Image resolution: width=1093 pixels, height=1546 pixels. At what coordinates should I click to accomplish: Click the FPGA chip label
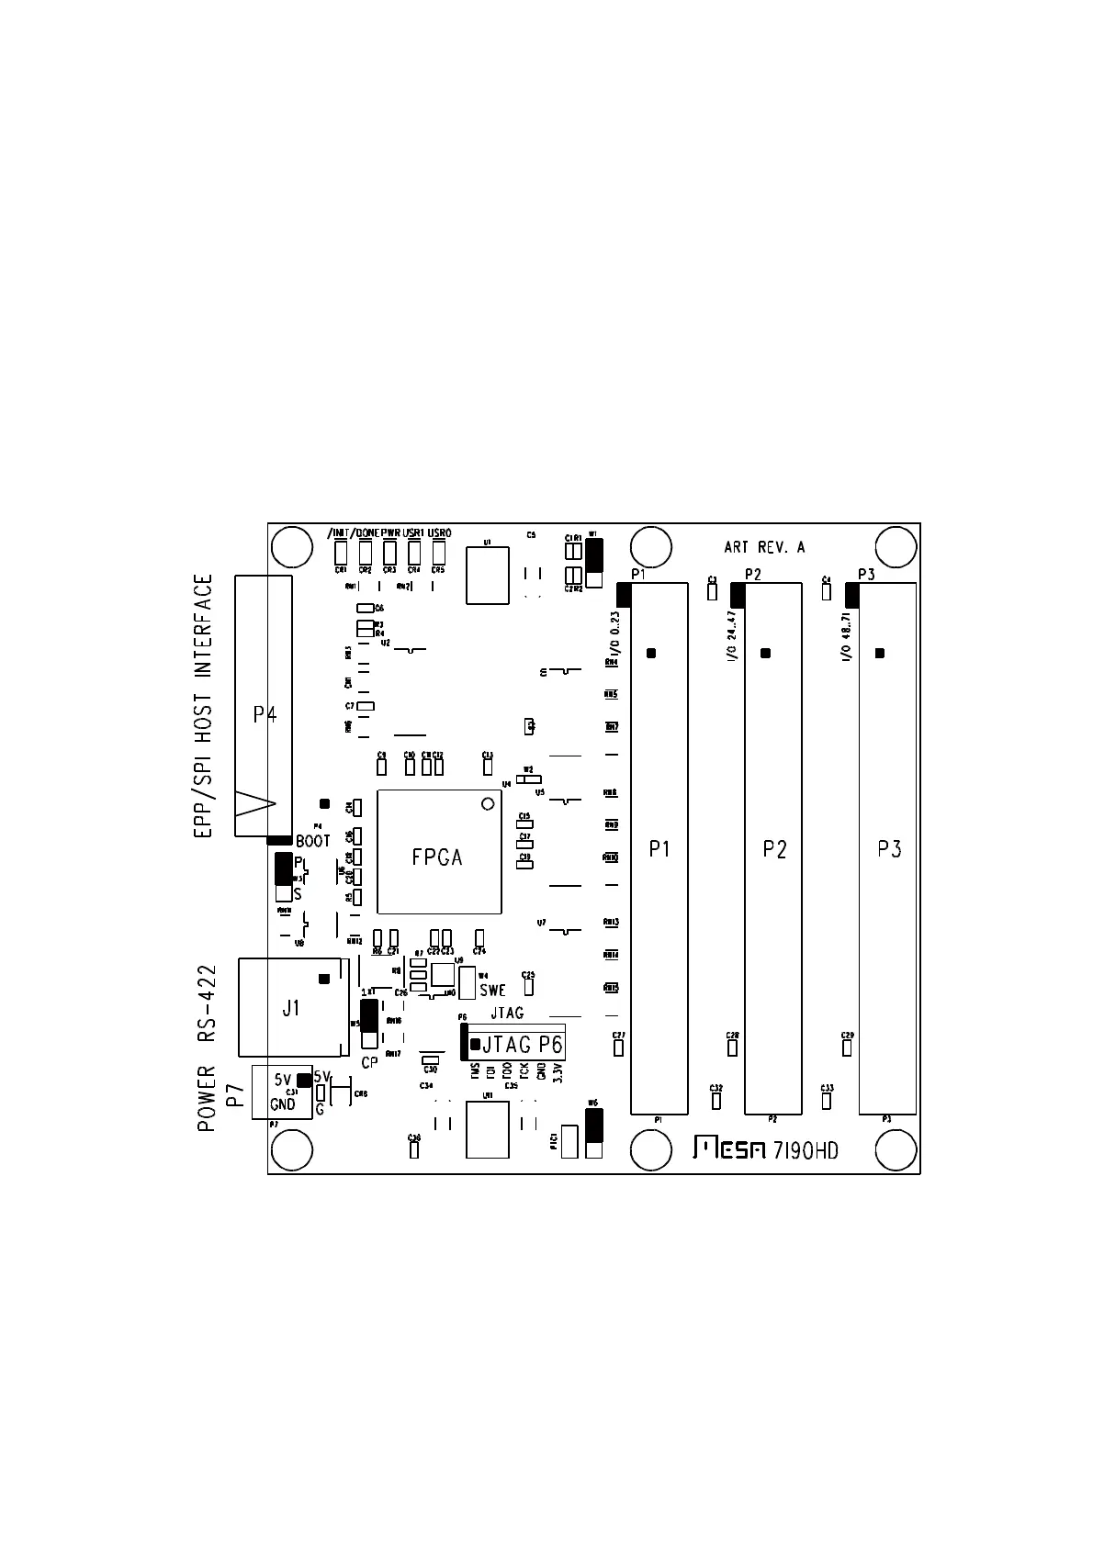tap(437, 857)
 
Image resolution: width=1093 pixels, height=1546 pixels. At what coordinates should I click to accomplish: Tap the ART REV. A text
tap(764, 547)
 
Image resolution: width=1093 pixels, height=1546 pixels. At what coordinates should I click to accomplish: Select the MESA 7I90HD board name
tap(765, 1149)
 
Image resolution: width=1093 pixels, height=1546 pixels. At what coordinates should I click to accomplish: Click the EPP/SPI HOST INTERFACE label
tap(204, 706)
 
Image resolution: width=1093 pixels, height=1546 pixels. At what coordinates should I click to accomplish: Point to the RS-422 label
tap(207, 1003)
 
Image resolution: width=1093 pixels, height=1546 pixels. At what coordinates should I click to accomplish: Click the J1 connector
tap(292, 1008)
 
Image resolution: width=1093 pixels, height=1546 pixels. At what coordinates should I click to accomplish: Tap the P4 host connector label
tap(265, 714)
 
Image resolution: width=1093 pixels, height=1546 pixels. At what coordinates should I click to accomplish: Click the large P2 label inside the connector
tap(774, 849)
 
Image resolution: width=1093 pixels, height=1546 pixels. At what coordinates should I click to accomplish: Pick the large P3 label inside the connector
tap(888, 849)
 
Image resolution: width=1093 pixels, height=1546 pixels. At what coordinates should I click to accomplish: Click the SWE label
tap(492, 991)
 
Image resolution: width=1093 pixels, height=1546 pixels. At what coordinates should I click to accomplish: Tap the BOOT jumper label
tap(313, 841)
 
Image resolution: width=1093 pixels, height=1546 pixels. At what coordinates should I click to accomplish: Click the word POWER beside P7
tap(207, 1098)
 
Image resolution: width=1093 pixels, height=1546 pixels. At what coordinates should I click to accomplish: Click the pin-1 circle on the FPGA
tap(488, 805)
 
